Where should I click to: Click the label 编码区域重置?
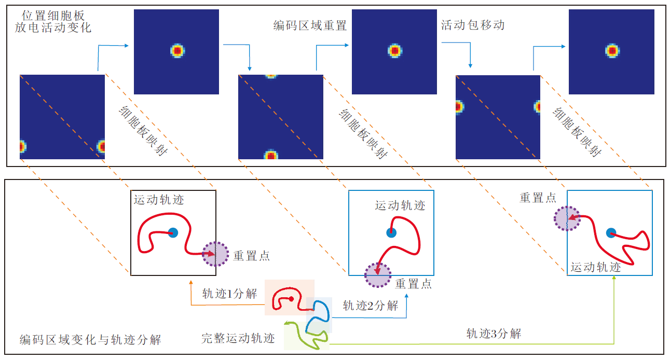tap(310, 25)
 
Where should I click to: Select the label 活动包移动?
tap(472, 25)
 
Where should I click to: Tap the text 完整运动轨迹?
tap(238, 339)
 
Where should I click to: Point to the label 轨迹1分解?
tap(229, 294)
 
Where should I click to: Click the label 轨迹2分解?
tap(370, 306)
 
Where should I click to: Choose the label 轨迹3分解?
tap(493, 334)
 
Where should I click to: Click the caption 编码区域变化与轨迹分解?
tap(90, 340)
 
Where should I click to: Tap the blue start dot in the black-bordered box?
tap(173, 232)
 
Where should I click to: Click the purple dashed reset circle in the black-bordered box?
tap(215, 254)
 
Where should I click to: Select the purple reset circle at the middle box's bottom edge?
tap(377, 275)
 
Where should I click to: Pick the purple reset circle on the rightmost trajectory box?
tap(567, 218)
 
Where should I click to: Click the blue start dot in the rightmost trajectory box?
tap(611, 233)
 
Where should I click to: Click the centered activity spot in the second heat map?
tap(177, 51)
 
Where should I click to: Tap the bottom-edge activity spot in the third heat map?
tap(270, 155)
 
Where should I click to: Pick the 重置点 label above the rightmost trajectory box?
tap(538, 198)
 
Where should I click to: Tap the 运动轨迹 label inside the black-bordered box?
tap(159, 200)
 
